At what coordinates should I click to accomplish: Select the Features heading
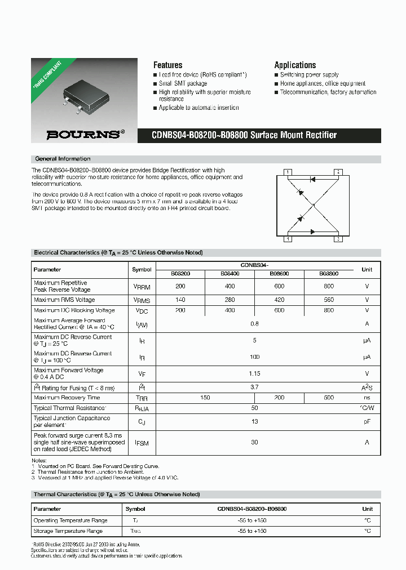[167, 65]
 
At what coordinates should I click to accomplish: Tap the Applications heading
[295, 65]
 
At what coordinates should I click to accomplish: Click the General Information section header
[63, 159]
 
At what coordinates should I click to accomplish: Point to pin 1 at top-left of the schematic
[288, 172]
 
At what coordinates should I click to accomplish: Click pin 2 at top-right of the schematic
[338, 172]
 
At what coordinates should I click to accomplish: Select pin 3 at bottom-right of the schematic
[338, 239]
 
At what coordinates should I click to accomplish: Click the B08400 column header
[230, 273]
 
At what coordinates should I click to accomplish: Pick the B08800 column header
[329, 273]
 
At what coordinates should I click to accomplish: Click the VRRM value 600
[280, 286]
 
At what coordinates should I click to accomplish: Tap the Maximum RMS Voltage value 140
[180, 300]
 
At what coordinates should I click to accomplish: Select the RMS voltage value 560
[329, 300]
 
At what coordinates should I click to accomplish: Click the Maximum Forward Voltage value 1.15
[254, 373]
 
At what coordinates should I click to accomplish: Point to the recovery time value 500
[329, 398]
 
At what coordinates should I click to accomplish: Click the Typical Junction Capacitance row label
[72, 421]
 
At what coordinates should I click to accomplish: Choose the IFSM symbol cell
[142, 443]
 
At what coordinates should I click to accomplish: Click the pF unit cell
[367, 421]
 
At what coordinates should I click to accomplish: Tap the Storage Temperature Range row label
[68, 531]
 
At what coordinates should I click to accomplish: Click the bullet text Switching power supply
[309, 75]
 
